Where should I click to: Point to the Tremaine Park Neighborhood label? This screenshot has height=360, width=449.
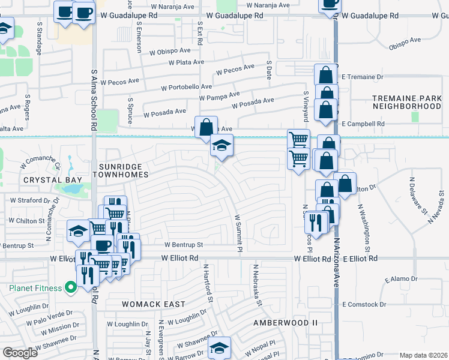(x=407, y=102)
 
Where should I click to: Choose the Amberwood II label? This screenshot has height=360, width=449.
(x=285, y=322)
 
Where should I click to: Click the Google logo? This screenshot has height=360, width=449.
(x=20, y=353)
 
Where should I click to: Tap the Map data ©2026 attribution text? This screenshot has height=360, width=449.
(x=423, y=355)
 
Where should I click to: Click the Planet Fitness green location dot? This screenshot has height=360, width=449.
(x=70, y=288)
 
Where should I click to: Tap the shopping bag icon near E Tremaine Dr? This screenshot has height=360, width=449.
(x=325, y=76)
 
